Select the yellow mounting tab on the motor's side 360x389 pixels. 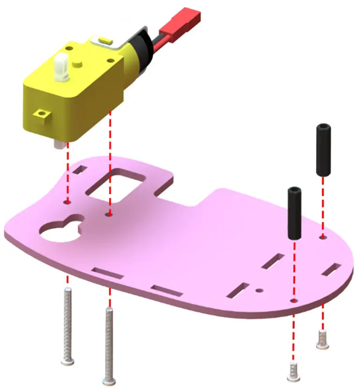tap(42, 115)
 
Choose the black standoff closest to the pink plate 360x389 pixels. tap(294, 212)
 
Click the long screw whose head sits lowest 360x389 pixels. tap(109, 346)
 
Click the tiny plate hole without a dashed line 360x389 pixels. tap(260, 290)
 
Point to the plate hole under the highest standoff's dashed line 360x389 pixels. tap(322, 238)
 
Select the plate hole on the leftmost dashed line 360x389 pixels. tap(67, 202)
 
